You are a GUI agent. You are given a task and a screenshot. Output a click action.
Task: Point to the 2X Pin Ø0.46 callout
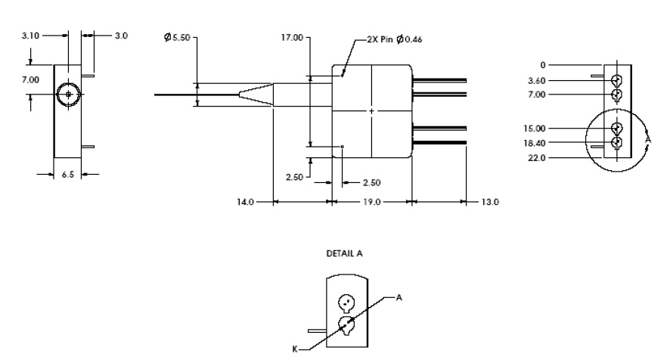pyautogui.click(x=391, y=40)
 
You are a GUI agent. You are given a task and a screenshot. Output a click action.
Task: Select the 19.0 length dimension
pyautogui.click(x=371, y=203)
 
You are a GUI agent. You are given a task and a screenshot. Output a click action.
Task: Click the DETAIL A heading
pyautogui.click(x=344, y=254)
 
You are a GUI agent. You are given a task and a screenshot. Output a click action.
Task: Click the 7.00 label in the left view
pyautogui.click(x=29, y=79)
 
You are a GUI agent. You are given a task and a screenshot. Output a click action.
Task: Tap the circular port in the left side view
pyautogui.click(x=68, y=95)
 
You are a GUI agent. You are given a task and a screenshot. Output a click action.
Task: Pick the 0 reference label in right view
pyautogui.click(x=541, y=66)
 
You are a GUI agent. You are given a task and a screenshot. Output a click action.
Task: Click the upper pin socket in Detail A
pyautogui.click(x=346, y=302)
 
